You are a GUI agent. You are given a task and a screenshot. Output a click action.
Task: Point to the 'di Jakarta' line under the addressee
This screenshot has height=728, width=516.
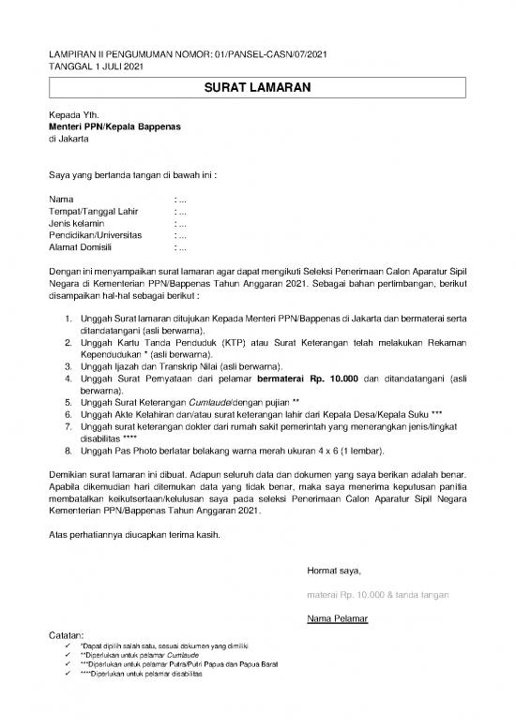click(x=68, y=139)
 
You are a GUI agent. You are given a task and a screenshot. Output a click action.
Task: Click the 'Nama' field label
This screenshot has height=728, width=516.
click(x=60, y=200)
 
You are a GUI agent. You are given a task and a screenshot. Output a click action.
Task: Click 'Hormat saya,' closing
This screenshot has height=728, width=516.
click(x=334, y=571)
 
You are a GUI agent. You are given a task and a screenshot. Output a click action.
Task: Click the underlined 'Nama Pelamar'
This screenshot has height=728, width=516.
click(x=337, y=619)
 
